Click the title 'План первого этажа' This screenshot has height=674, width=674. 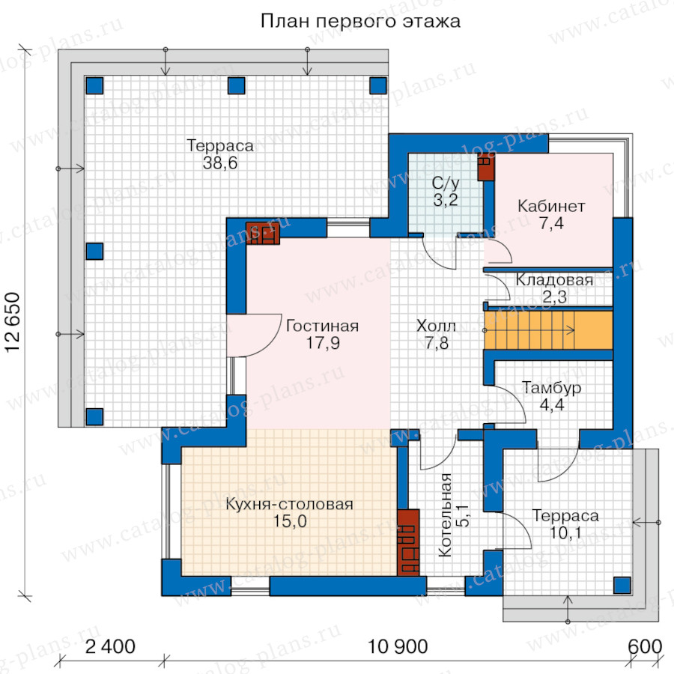[360, 21]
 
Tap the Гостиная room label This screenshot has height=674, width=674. [322, 326]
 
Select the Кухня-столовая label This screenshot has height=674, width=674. [289, 504]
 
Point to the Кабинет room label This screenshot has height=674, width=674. [551, 207]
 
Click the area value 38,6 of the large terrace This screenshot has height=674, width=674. [220, 163]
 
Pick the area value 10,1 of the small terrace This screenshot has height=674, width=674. [565, 533]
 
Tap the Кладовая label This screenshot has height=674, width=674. [554, 280]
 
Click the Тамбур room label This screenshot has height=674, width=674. [551, 388]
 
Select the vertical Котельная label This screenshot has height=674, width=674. [446, 515]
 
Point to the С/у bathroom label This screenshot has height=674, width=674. [446, 183]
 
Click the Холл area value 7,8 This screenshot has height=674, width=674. [437, 343]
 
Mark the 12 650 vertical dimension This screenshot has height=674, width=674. [13, 323]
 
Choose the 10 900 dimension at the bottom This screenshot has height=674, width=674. [398, 646]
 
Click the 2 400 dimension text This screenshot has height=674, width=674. [111, 646]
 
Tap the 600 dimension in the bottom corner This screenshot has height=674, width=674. [645, 646]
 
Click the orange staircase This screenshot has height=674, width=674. [548, 330]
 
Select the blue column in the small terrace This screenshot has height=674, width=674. [622, 585]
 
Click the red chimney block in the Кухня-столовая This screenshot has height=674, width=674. [408, 542]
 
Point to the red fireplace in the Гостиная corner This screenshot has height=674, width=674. [263, 234]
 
